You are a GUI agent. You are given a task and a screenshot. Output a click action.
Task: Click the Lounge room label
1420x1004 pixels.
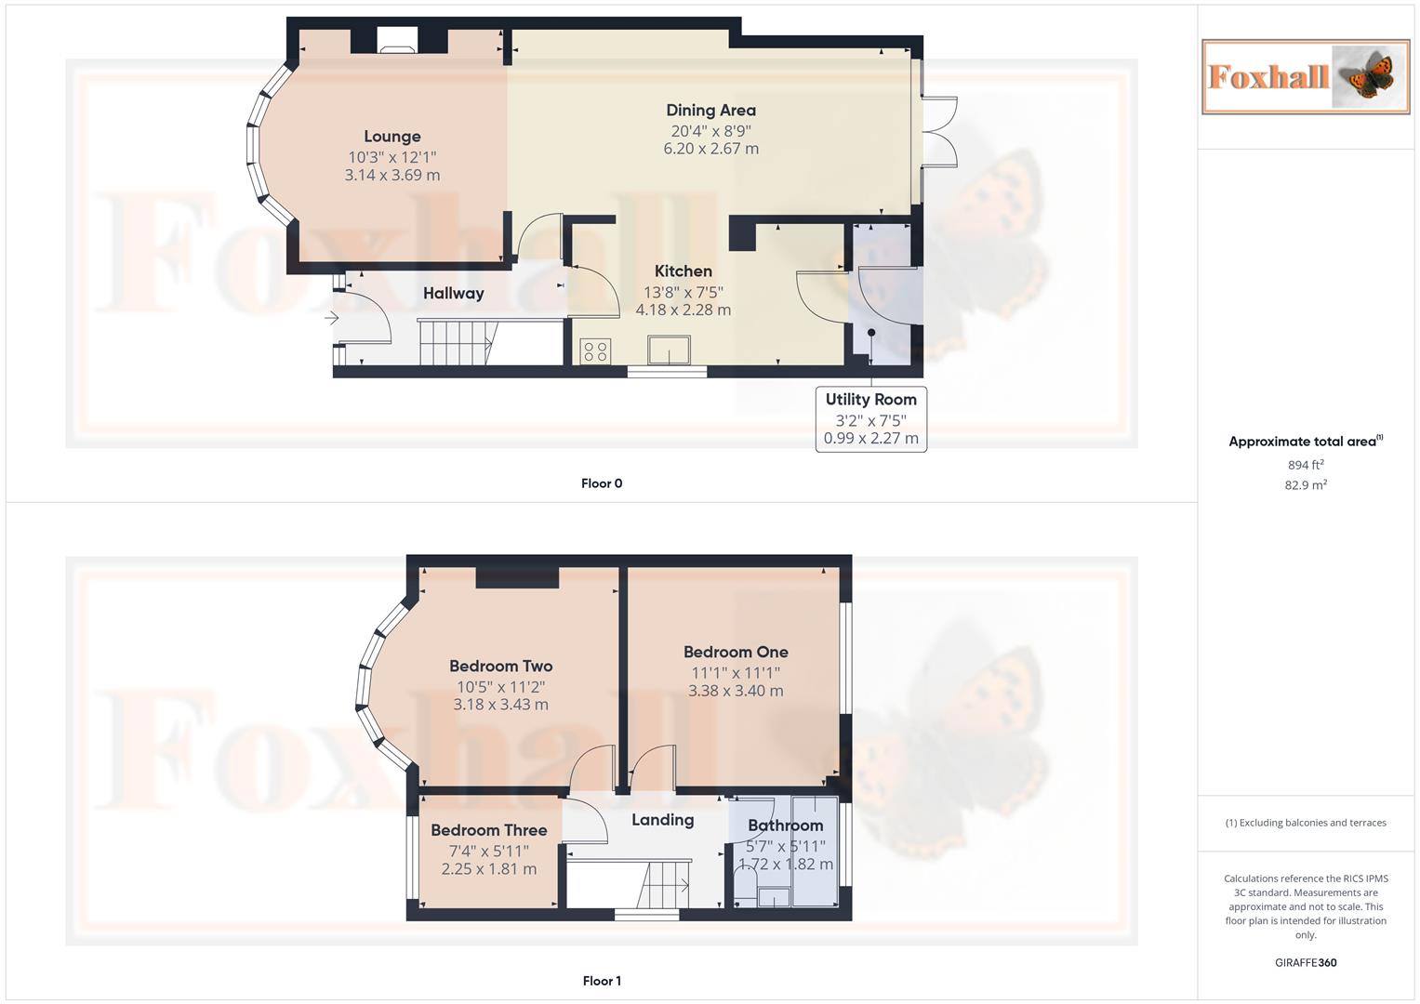(x=391, y=137)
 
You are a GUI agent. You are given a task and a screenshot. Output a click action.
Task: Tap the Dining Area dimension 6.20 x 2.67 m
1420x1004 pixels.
(x=710, y=149)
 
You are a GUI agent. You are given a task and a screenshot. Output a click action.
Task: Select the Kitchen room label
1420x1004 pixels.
(x=683, y=271)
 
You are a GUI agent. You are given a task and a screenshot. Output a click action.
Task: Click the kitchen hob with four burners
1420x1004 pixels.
(x=595, y=351)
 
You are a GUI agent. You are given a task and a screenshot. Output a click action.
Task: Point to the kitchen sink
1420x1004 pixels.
(x=670, y=350)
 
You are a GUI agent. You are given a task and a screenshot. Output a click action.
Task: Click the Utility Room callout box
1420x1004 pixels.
(x=870, y=418)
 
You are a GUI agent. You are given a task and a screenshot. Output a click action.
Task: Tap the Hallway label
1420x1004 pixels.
(x=453, y=294)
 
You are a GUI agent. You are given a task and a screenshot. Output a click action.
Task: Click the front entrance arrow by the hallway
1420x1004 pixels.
(x=331, y=319)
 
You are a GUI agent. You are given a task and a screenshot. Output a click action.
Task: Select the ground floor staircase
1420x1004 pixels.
(x=455, y=343)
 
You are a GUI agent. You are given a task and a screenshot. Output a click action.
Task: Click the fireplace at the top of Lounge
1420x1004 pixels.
(x=398, y=40)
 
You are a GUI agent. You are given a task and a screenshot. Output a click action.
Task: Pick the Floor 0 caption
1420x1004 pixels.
(x=602, y=483)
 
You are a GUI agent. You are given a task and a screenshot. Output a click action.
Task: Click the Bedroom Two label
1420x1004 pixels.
(x=500, y=667)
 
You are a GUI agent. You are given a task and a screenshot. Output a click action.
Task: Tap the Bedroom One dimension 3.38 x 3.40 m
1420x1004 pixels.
(x=735, y=692)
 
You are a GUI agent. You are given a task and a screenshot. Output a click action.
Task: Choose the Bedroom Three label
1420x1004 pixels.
(x=488, y=830)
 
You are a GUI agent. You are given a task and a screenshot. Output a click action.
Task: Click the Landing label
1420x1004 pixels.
(x=662, y=820)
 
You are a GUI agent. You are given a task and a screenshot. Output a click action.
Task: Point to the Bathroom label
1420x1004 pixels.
(x=785, y=826)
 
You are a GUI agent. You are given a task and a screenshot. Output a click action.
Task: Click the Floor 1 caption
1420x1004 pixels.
(x=602, y=981)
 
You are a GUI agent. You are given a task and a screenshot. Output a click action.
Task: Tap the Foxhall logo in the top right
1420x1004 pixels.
(x=1305, y=77)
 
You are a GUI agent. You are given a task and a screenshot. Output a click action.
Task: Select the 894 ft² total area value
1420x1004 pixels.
(x=1305, y=465)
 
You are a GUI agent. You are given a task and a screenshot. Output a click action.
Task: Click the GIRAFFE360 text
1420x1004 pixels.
(x=1305, y=963)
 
